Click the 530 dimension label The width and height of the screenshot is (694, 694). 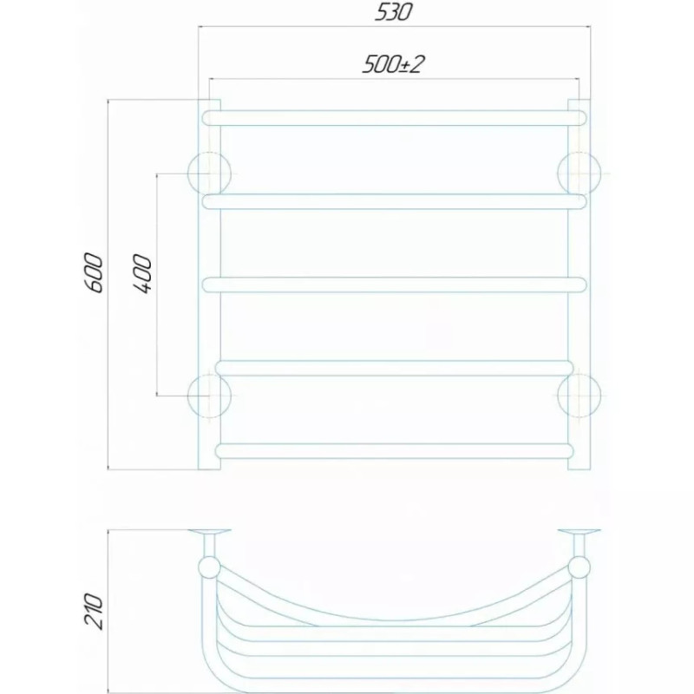(x=394, y=12)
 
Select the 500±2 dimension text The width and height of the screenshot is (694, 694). (x=393, y=64)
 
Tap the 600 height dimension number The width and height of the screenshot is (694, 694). (x=94, y=272)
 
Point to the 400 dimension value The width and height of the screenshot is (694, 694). (x=142, y=274)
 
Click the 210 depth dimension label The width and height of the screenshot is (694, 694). (x=94, y=611)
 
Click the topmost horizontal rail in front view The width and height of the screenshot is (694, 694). (x=395, y=118)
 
